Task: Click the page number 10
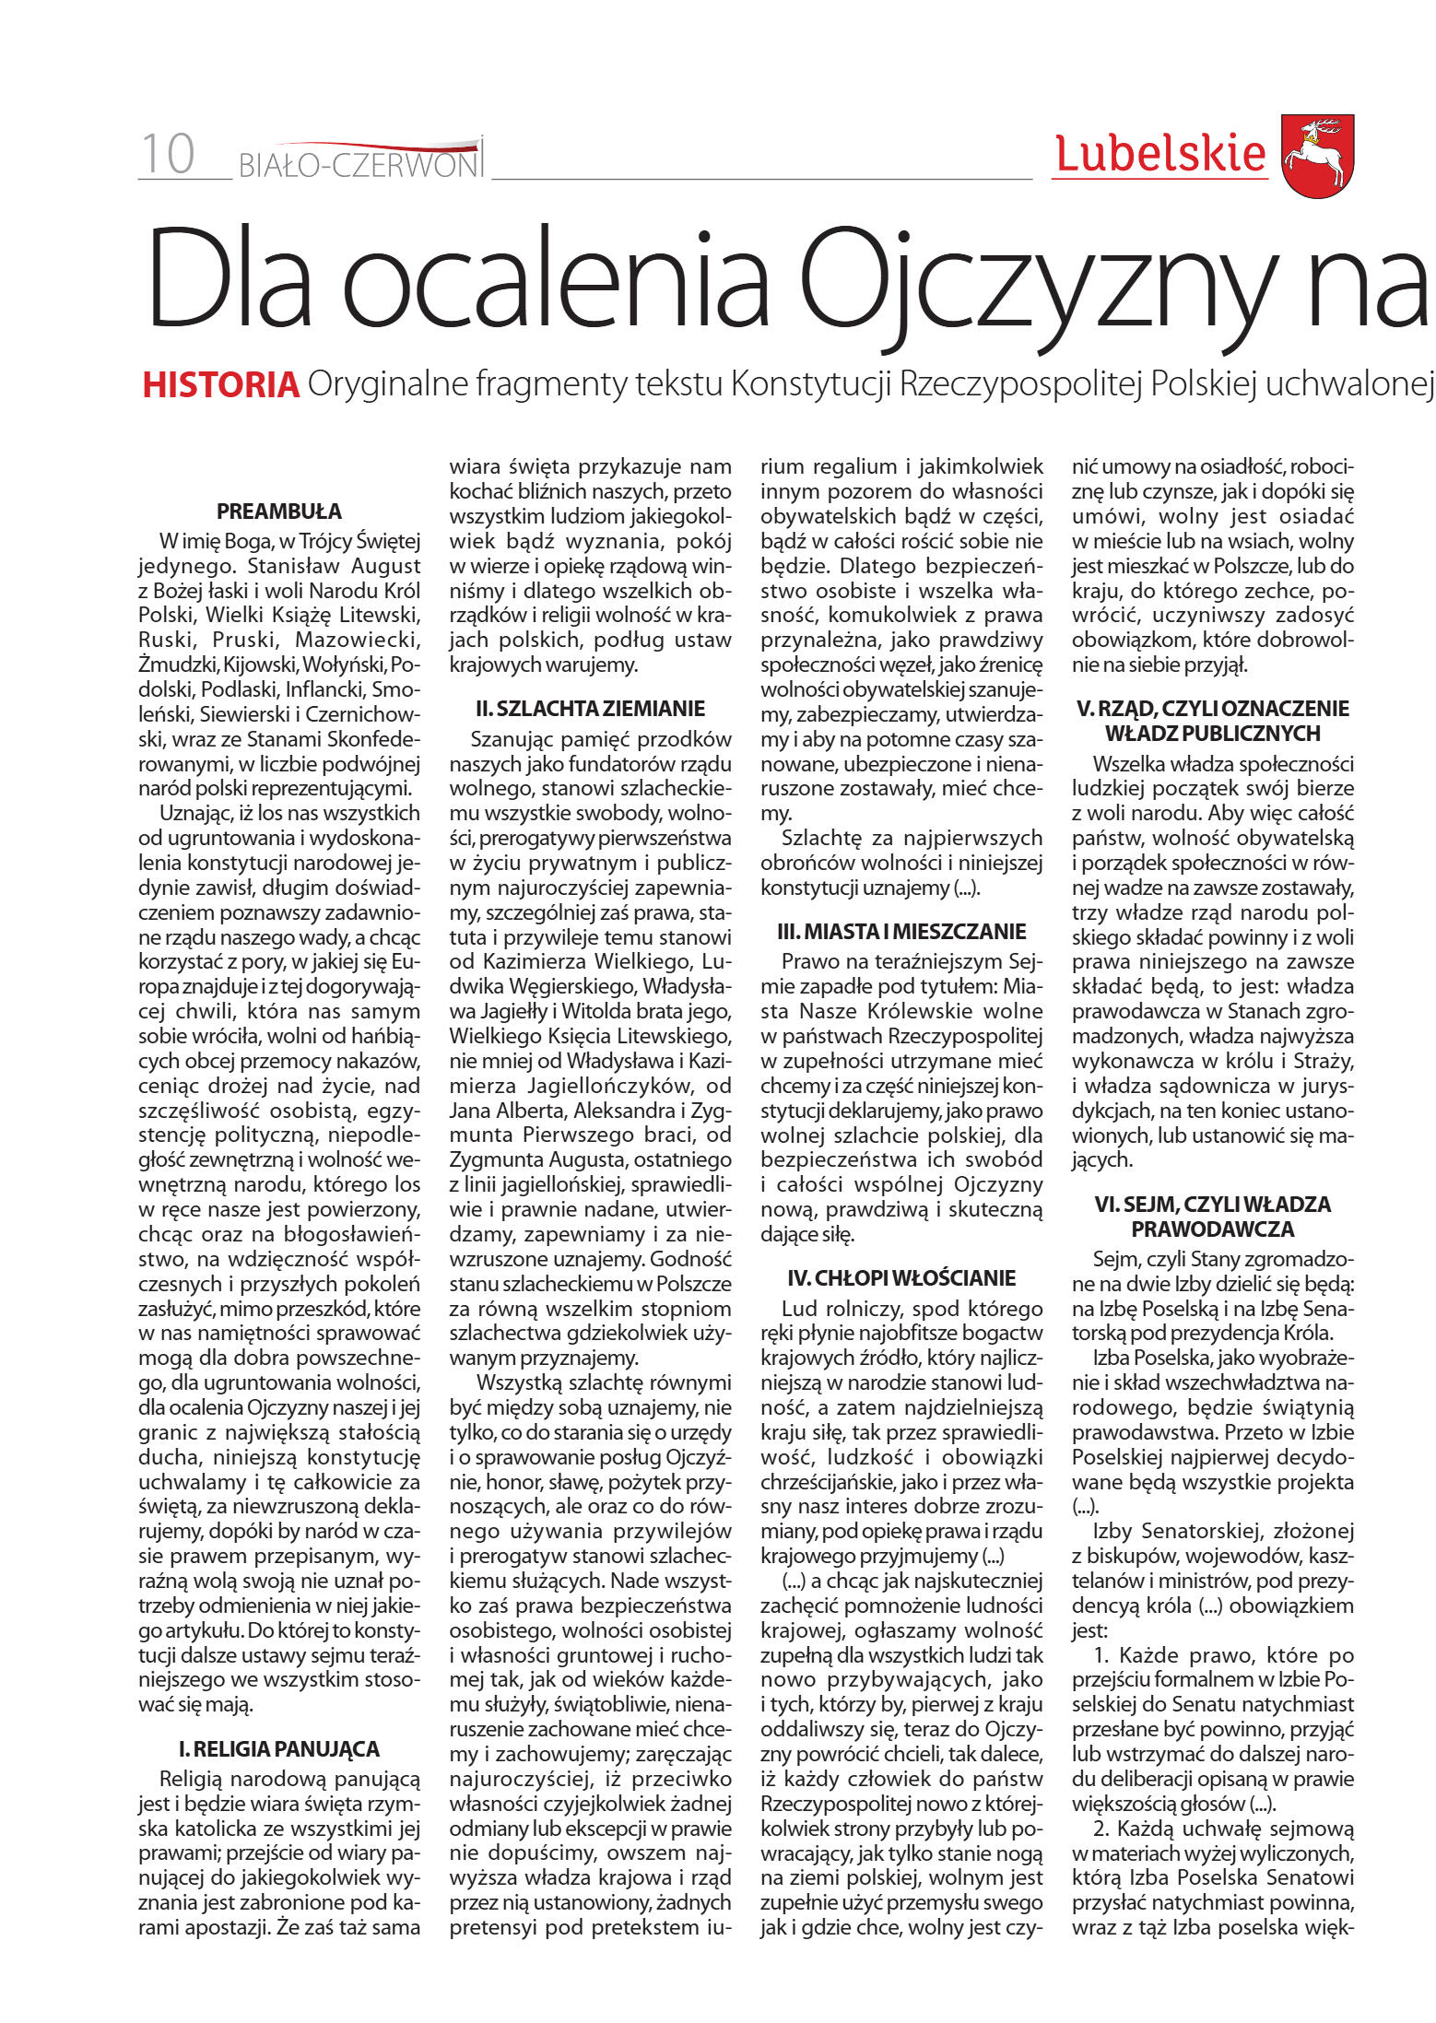[x=168, y=154]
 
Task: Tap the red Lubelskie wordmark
[x=1160, y=154]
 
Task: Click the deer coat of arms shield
[x=1317, y=156]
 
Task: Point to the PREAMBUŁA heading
[x=279, y=512]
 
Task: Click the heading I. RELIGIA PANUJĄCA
[x=279, y=1749]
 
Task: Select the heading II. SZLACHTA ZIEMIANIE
[x=590, y=709]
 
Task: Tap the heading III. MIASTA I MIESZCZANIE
[x=901, y=932]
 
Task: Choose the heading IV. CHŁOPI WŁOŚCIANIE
[x=901, y=1278]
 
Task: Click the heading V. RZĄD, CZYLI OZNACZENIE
[x=1213, y=709]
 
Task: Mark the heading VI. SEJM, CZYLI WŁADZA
[x=1213, y=1205]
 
